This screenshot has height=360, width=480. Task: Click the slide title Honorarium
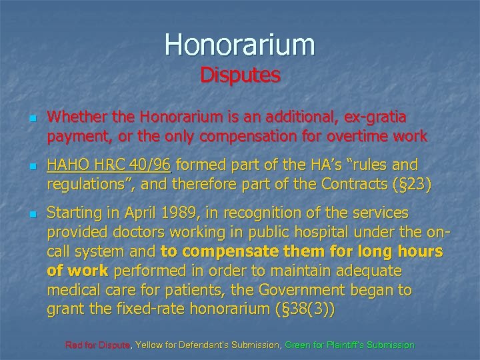click(x=240, y=44)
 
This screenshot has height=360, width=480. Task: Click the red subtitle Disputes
click(x=240, y=75)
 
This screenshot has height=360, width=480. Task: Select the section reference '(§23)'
click(x=412, y=184)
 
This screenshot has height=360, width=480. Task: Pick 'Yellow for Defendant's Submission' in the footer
click(x=208, y=345)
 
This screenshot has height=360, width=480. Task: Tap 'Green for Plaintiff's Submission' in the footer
click(x=349, y=345)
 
